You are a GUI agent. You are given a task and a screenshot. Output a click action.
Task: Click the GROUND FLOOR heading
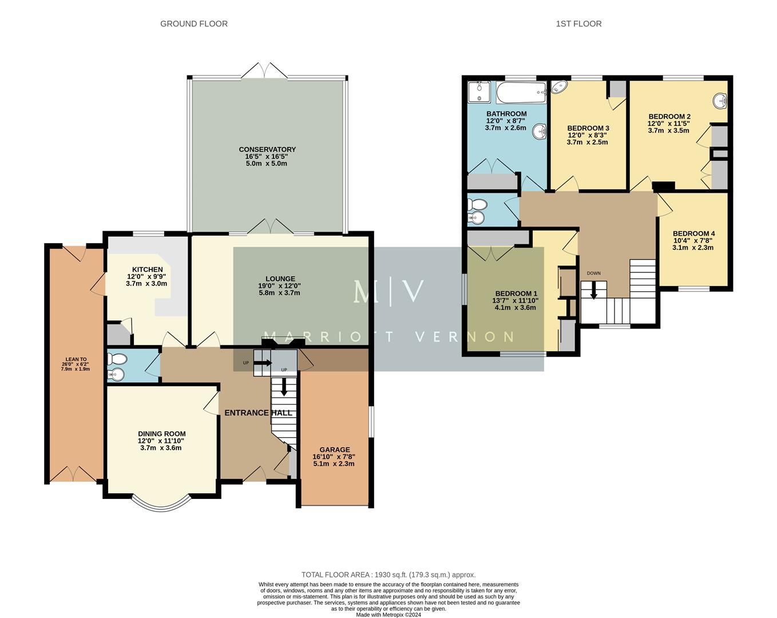tap(193, 23)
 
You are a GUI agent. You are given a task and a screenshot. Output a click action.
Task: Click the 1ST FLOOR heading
tap(578, 23)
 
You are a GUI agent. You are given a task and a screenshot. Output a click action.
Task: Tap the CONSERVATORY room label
tap(267, 150)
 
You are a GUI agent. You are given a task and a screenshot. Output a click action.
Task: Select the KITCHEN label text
tap(148, 270)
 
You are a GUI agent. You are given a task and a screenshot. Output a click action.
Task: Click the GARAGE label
tap(335, 450)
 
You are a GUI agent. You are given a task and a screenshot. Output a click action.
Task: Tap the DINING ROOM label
tap(161, 434)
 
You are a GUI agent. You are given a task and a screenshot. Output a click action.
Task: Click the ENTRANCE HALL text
tap(258, 413)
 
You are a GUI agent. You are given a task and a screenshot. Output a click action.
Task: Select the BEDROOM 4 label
tap(693, 233)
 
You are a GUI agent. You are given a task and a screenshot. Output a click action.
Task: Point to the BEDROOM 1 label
tap(515, 294)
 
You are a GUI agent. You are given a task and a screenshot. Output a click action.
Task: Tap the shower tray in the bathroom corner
tap(479, 92)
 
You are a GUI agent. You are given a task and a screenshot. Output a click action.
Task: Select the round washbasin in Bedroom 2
tap(719, 101)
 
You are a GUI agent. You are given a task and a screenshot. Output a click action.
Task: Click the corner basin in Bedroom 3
tap(558, 88)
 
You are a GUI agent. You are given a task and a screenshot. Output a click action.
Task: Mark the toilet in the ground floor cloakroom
tap(117, 359)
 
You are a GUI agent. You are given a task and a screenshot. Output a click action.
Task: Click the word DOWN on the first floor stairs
tap(593, 273)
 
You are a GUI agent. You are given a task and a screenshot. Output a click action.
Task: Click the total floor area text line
tap(388, 575)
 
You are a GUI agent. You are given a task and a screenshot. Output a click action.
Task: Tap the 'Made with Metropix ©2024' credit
tap(388, 615)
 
